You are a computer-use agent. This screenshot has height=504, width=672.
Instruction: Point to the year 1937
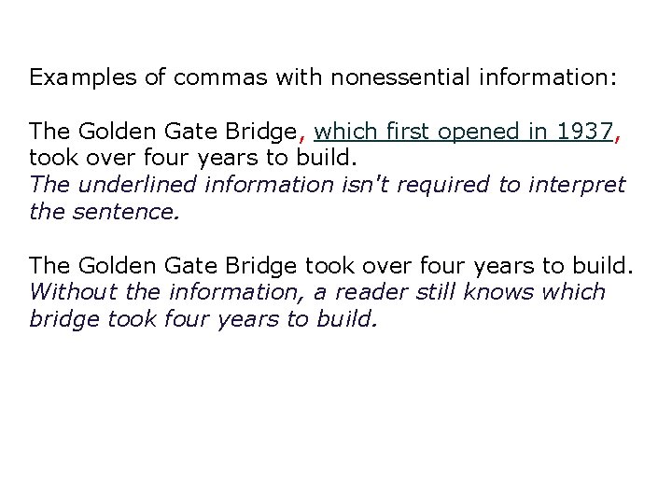tap(583, 132)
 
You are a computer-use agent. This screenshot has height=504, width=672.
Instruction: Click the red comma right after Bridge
tap(303, 137)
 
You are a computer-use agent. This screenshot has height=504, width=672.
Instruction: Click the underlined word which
tap(347, 132)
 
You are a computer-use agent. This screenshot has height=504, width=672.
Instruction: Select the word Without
tap(69, 292)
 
